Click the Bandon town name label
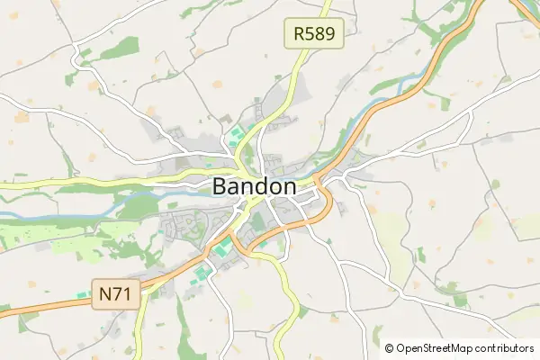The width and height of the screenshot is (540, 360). (255, 186)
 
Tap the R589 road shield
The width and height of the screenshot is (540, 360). (314, 35)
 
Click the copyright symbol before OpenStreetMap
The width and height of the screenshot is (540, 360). (390, 348)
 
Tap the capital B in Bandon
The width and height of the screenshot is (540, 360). (221, 186)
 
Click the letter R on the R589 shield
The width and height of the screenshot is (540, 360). (299, 35)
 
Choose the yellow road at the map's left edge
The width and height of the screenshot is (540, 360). (5, 184)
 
